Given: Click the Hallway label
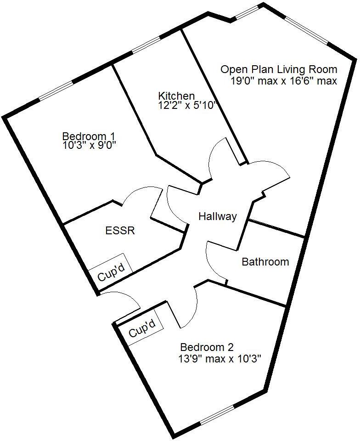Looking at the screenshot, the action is point(218,216).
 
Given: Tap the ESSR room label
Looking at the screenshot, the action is point(120,231).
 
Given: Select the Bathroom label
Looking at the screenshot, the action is point(265,262).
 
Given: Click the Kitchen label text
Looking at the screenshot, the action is point(176,96).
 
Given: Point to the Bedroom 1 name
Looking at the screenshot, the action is point(89,136).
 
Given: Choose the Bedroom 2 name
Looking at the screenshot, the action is point(207,347).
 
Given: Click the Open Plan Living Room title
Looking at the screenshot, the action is point(279,69).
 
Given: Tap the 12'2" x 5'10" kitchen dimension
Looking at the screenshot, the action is point(187,106).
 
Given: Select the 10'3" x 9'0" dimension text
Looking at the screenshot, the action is point(90,145).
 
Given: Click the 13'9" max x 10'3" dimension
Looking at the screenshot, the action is point(220,359).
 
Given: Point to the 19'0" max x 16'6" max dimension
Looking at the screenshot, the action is point(284,81).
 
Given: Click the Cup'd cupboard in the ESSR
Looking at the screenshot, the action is point(111,271).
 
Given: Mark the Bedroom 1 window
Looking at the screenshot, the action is point(56,90).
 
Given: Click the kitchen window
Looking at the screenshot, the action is point(146,45).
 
